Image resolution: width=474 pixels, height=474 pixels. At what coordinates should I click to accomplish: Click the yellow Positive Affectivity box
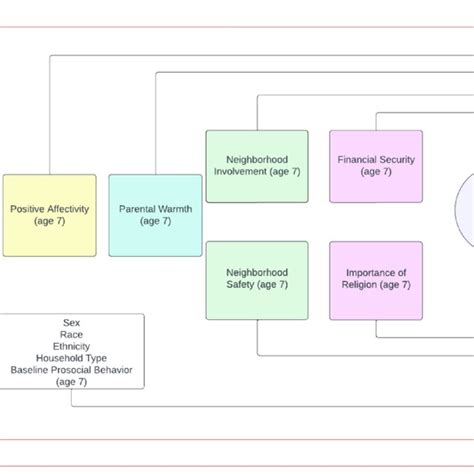point(49,214)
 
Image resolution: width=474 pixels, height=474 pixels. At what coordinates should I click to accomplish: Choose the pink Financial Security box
point(376,165)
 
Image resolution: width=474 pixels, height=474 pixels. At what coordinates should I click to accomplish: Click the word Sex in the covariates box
point(72,323)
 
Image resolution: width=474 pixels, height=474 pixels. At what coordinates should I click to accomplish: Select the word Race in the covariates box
point(72,334)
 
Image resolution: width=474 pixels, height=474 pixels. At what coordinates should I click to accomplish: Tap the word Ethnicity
point(72,346)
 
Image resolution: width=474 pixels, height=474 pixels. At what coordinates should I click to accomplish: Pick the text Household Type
point(72,358)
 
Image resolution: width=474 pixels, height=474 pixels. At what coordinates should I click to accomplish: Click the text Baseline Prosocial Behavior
point(72,370)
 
